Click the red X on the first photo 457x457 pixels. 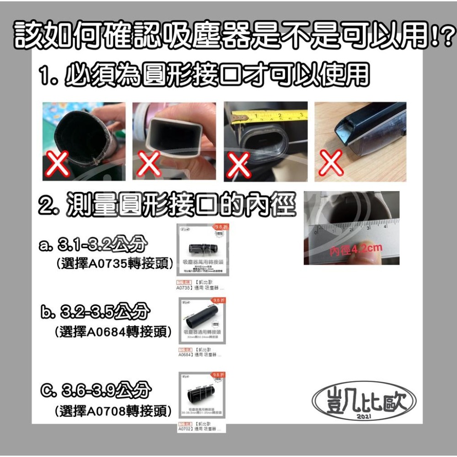click(x=58, y=165)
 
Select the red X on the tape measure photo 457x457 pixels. click(x=239, y=164)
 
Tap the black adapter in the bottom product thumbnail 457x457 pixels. click(x=202, y=393)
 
